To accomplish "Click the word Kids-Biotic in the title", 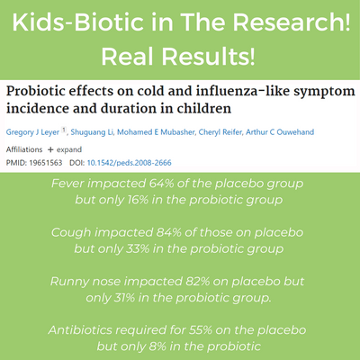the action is coord(78,22).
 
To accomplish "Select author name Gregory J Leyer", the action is coord(32,132).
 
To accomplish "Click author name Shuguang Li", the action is coord(92,132).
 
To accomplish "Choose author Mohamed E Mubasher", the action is coord(156,132).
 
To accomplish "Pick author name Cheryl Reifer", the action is coord(220,132).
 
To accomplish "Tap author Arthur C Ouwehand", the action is coord(280,132).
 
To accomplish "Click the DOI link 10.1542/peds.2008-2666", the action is coord(130,163).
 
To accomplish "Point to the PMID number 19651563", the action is coord(46,163).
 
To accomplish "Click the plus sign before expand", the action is coord(50,149).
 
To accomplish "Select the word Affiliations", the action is coord(24,149).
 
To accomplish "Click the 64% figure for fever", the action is coord(161,184).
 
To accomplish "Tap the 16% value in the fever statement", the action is coord(138,200).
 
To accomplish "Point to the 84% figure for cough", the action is coord(169,232).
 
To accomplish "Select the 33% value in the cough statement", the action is coord(138,248).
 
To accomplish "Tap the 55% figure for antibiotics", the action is coord(201,330).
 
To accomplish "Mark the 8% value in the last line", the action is coord(157,346).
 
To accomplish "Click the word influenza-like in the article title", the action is coord(243,91).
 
